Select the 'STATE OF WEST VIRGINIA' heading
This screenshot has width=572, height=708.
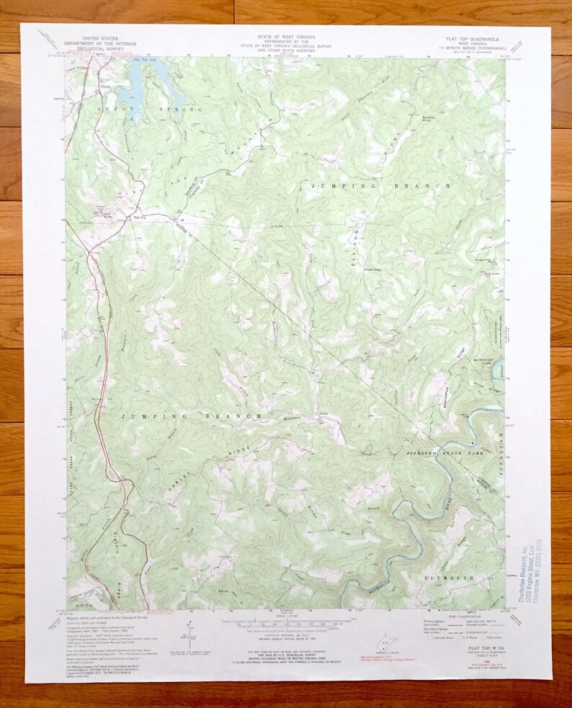click(285, 35)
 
